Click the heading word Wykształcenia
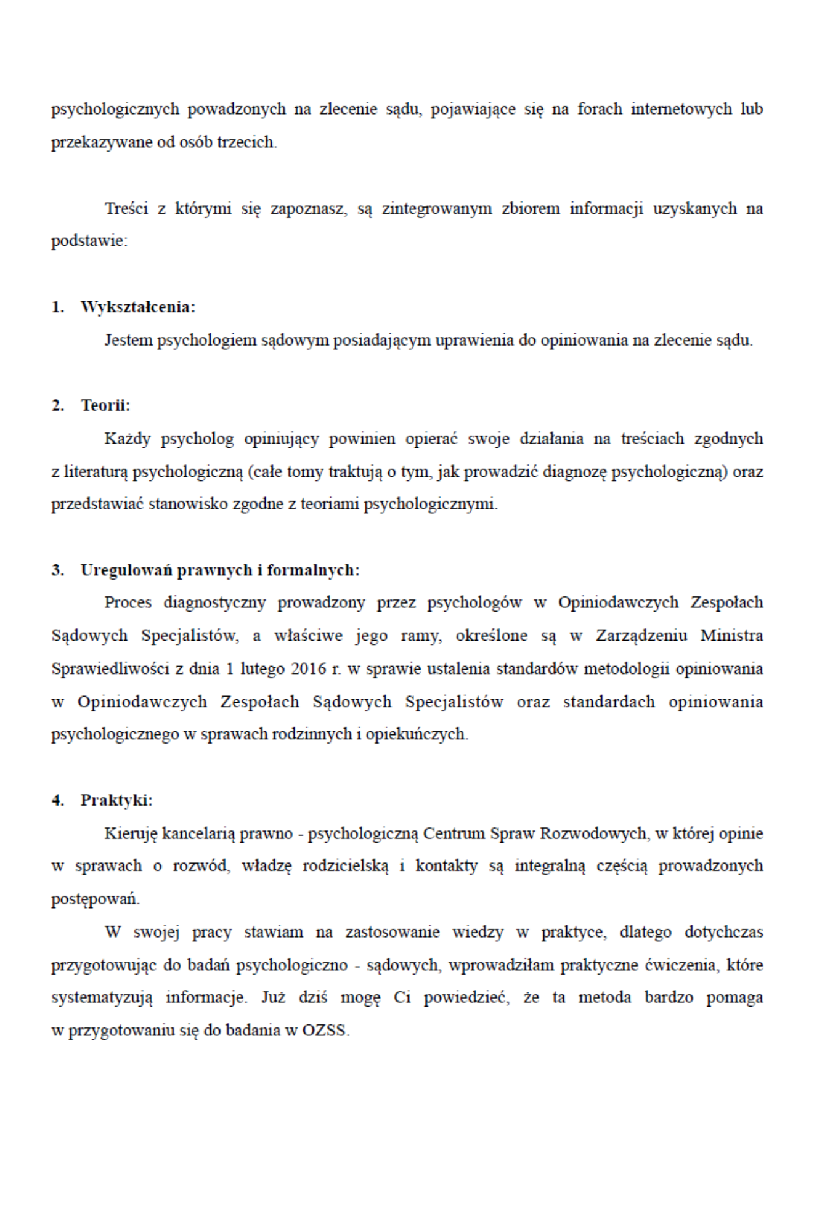(x=137, y=307)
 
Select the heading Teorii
(x=105, y=405)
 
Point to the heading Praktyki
(x=116, y=800)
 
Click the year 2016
(x=308, y=668)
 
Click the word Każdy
(x=127, y=439)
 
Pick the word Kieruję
(x=131, y=833)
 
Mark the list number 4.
(x=57, y=800)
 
